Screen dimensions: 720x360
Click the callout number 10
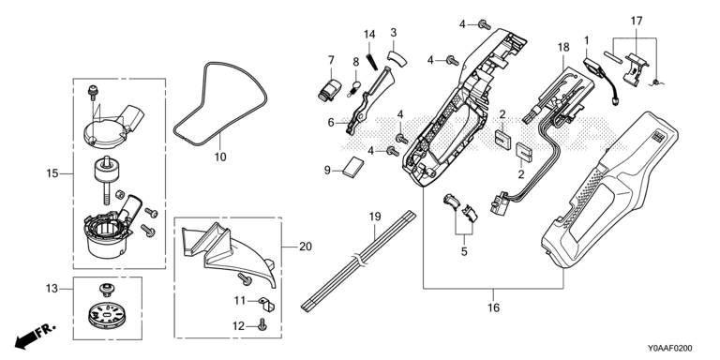220,157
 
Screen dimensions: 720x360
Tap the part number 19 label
375,217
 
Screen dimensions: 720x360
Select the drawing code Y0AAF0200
670,349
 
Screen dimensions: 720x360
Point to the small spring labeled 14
372,62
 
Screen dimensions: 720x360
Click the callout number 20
306,247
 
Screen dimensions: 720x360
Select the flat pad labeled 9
353,164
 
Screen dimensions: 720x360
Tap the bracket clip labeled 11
266,303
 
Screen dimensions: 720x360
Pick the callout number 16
493,307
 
